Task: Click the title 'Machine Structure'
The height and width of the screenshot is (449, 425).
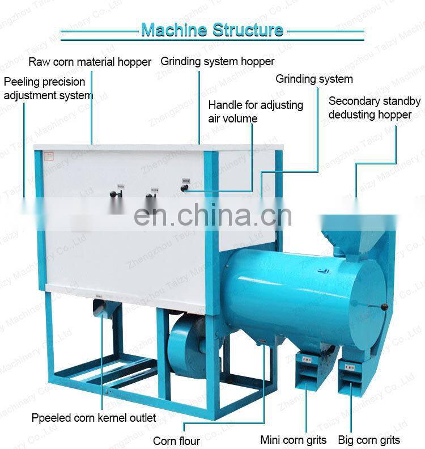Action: click(212, 29)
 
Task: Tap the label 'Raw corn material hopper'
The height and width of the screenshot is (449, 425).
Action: click(90, 62)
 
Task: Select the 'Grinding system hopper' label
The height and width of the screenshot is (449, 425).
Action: click(218, 61)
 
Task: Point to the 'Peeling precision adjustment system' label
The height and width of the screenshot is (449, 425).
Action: click(48, 88)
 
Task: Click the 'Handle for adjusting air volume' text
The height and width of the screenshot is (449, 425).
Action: click(256, 112)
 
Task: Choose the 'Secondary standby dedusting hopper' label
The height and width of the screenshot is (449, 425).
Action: click(374, 108)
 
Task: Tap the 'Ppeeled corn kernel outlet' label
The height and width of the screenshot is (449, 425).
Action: click(93, 418)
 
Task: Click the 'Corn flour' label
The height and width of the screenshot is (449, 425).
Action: click(176, 440)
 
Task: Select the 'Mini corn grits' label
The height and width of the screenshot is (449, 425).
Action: click(293, 439)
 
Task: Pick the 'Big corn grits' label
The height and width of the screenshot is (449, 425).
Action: click(369, 439)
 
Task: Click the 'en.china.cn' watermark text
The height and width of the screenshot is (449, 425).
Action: click(212, 214)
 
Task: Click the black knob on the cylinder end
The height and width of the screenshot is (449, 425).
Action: click(385, 307)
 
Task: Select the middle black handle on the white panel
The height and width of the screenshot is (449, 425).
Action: click(150, 197)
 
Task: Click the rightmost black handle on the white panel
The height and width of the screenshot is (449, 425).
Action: click(185, 186)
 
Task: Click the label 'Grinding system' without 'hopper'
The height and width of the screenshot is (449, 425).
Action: click(314, 79)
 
